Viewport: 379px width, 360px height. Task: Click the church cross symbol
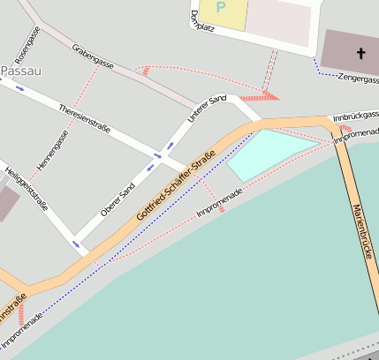pyautogui.click(x=360, y=54)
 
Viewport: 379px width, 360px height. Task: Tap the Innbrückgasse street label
pyautogui.click(x=355, y=116)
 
